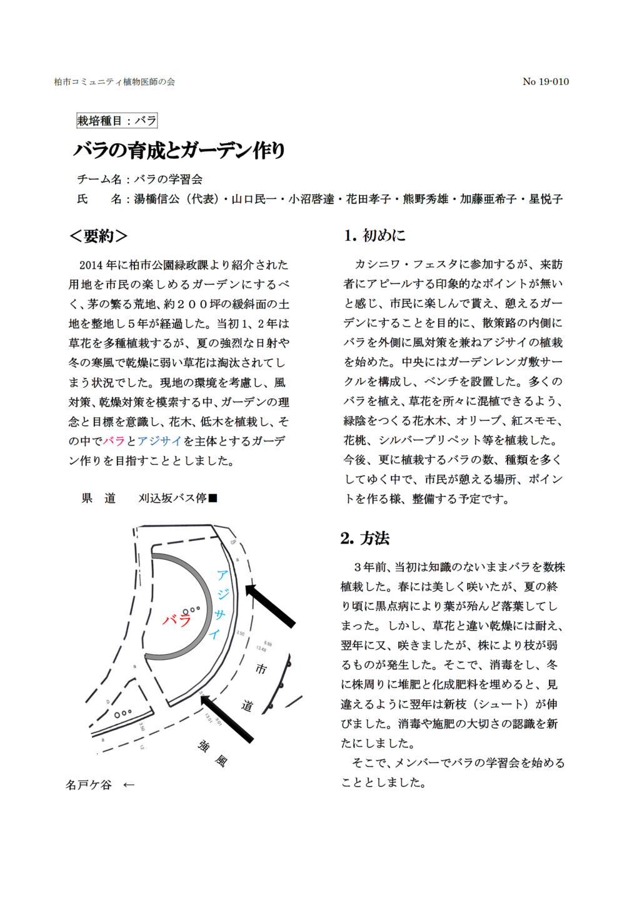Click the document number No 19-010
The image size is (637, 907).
545,81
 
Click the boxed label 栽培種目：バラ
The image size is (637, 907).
116,121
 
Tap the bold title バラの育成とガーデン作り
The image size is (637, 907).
179,150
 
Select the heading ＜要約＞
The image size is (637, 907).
99,236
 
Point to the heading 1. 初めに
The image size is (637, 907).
374,235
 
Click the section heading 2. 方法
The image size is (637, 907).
365,538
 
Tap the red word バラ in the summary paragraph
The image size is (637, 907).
114,441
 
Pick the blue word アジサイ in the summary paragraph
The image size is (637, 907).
159,441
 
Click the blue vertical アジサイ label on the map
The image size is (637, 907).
219,604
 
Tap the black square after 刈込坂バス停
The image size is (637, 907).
213,498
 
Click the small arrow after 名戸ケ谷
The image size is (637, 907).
129,784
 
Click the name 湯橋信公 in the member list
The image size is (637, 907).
157,199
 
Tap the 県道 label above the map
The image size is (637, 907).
99,498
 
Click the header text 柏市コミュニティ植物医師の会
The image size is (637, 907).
114,82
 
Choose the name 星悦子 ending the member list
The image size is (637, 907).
546,199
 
